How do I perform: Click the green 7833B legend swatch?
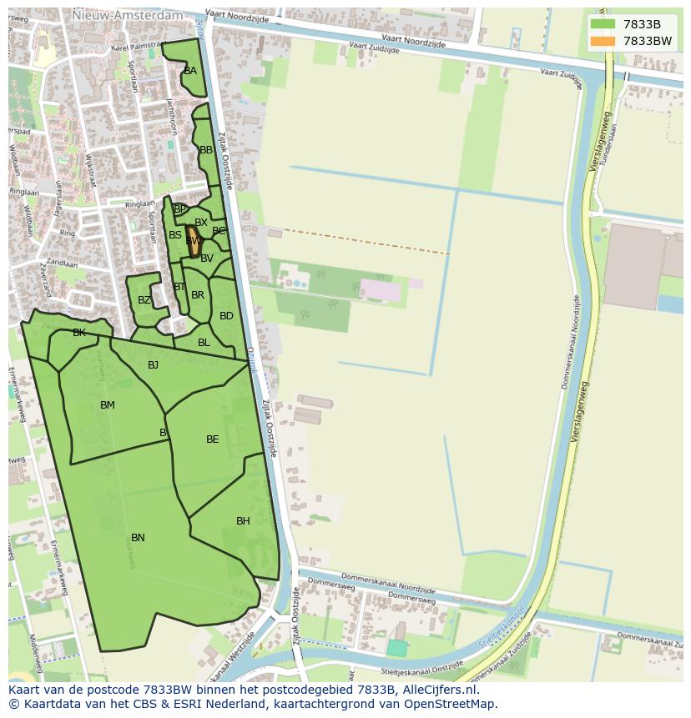[x=602, y=24]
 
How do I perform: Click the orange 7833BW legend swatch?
[x=602, y=41]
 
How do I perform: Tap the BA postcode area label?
[x=190, y=71]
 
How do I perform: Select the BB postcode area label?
[x=206, y=150]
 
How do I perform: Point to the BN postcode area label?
[x=138, y=538]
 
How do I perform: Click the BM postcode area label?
[x=108, y=405]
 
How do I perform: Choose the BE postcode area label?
[x=213, y=439]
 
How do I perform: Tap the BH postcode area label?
[x=243, y=521]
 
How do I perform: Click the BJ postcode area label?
[x=153, y=365]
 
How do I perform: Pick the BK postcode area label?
[x=79, y=333]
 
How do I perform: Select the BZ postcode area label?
[x=144, y=300]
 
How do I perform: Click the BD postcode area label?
[x=226, y=316]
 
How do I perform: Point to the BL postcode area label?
[x=204, y=343]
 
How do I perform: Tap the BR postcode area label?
[x=198, y=295]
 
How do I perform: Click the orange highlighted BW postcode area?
[x=193, y=241]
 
